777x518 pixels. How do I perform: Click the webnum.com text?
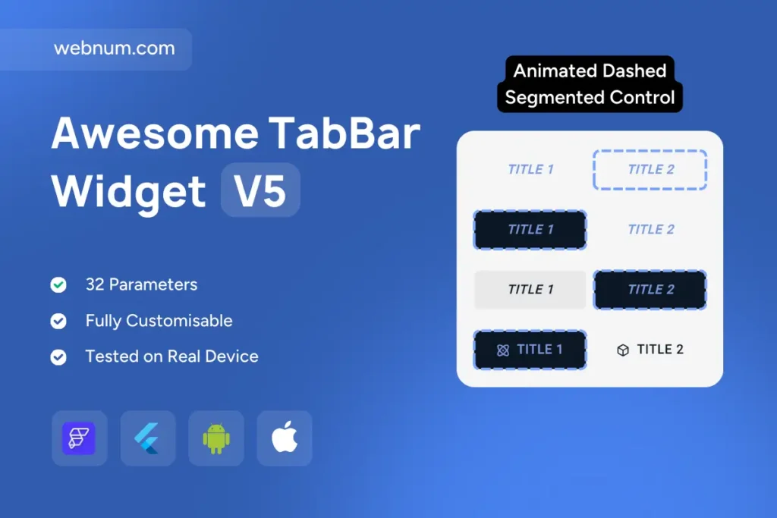(x=115, y=48)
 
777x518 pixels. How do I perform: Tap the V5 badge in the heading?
(x=260, y=190)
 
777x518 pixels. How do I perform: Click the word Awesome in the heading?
(x=155, y=133)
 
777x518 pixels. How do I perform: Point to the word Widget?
(x=128, y=192)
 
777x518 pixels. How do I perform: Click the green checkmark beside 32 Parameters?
(x=58, y=284)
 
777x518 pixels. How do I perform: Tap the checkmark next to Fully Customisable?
(x=58, y=321)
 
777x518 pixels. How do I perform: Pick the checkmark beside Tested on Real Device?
(x=58, y=356)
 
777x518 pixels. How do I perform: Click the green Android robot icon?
(x=216, y=438)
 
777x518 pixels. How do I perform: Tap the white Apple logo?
(x=285, y=437)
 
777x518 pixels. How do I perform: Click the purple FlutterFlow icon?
(x=79, y=438)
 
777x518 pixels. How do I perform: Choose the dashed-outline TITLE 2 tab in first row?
(x=650, y=169)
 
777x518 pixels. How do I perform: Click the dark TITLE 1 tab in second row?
(x=530, y=230)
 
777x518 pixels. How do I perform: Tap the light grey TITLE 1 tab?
(x=530, y=290)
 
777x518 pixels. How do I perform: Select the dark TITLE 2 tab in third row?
(x=650, y=290)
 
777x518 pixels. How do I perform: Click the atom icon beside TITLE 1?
(x=503, y=350)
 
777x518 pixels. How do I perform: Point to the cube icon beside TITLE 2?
(x=623, y=350)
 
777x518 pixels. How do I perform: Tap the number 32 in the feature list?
(x=95, y=284)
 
